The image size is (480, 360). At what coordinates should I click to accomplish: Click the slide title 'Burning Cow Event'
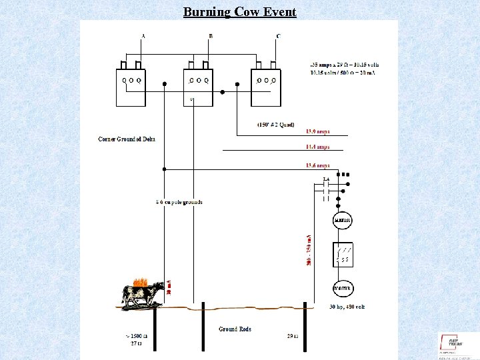point(240,12)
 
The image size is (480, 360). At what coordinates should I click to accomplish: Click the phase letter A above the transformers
point(143,35)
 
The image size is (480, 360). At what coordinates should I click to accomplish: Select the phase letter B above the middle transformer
point(211,35)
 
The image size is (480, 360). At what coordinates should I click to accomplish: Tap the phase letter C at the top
point(278,35)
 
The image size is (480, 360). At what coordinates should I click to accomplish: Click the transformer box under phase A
point(131,87)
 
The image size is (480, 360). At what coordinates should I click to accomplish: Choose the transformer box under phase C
point(266,87)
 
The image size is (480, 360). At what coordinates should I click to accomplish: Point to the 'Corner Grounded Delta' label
point(127,139)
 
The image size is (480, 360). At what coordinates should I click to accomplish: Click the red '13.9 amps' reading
point(317,132)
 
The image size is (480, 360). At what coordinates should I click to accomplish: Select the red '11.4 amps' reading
point(317,147)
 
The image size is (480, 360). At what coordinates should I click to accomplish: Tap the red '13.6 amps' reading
point(317,165)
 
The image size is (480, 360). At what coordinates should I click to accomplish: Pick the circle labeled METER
point(343,220)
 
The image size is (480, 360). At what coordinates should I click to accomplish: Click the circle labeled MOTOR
point(343,288)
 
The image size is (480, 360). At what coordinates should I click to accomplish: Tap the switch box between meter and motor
point(343,254)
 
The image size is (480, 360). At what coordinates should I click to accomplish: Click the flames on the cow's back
point(139,282)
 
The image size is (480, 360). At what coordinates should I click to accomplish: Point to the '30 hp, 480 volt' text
point(347,307)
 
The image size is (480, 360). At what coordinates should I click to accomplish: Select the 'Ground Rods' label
point(235,329)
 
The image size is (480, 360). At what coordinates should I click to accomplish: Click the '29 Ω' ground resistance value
point(292,336)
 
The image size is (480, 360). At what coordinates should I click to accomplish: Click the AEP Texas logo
point(455,343)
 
